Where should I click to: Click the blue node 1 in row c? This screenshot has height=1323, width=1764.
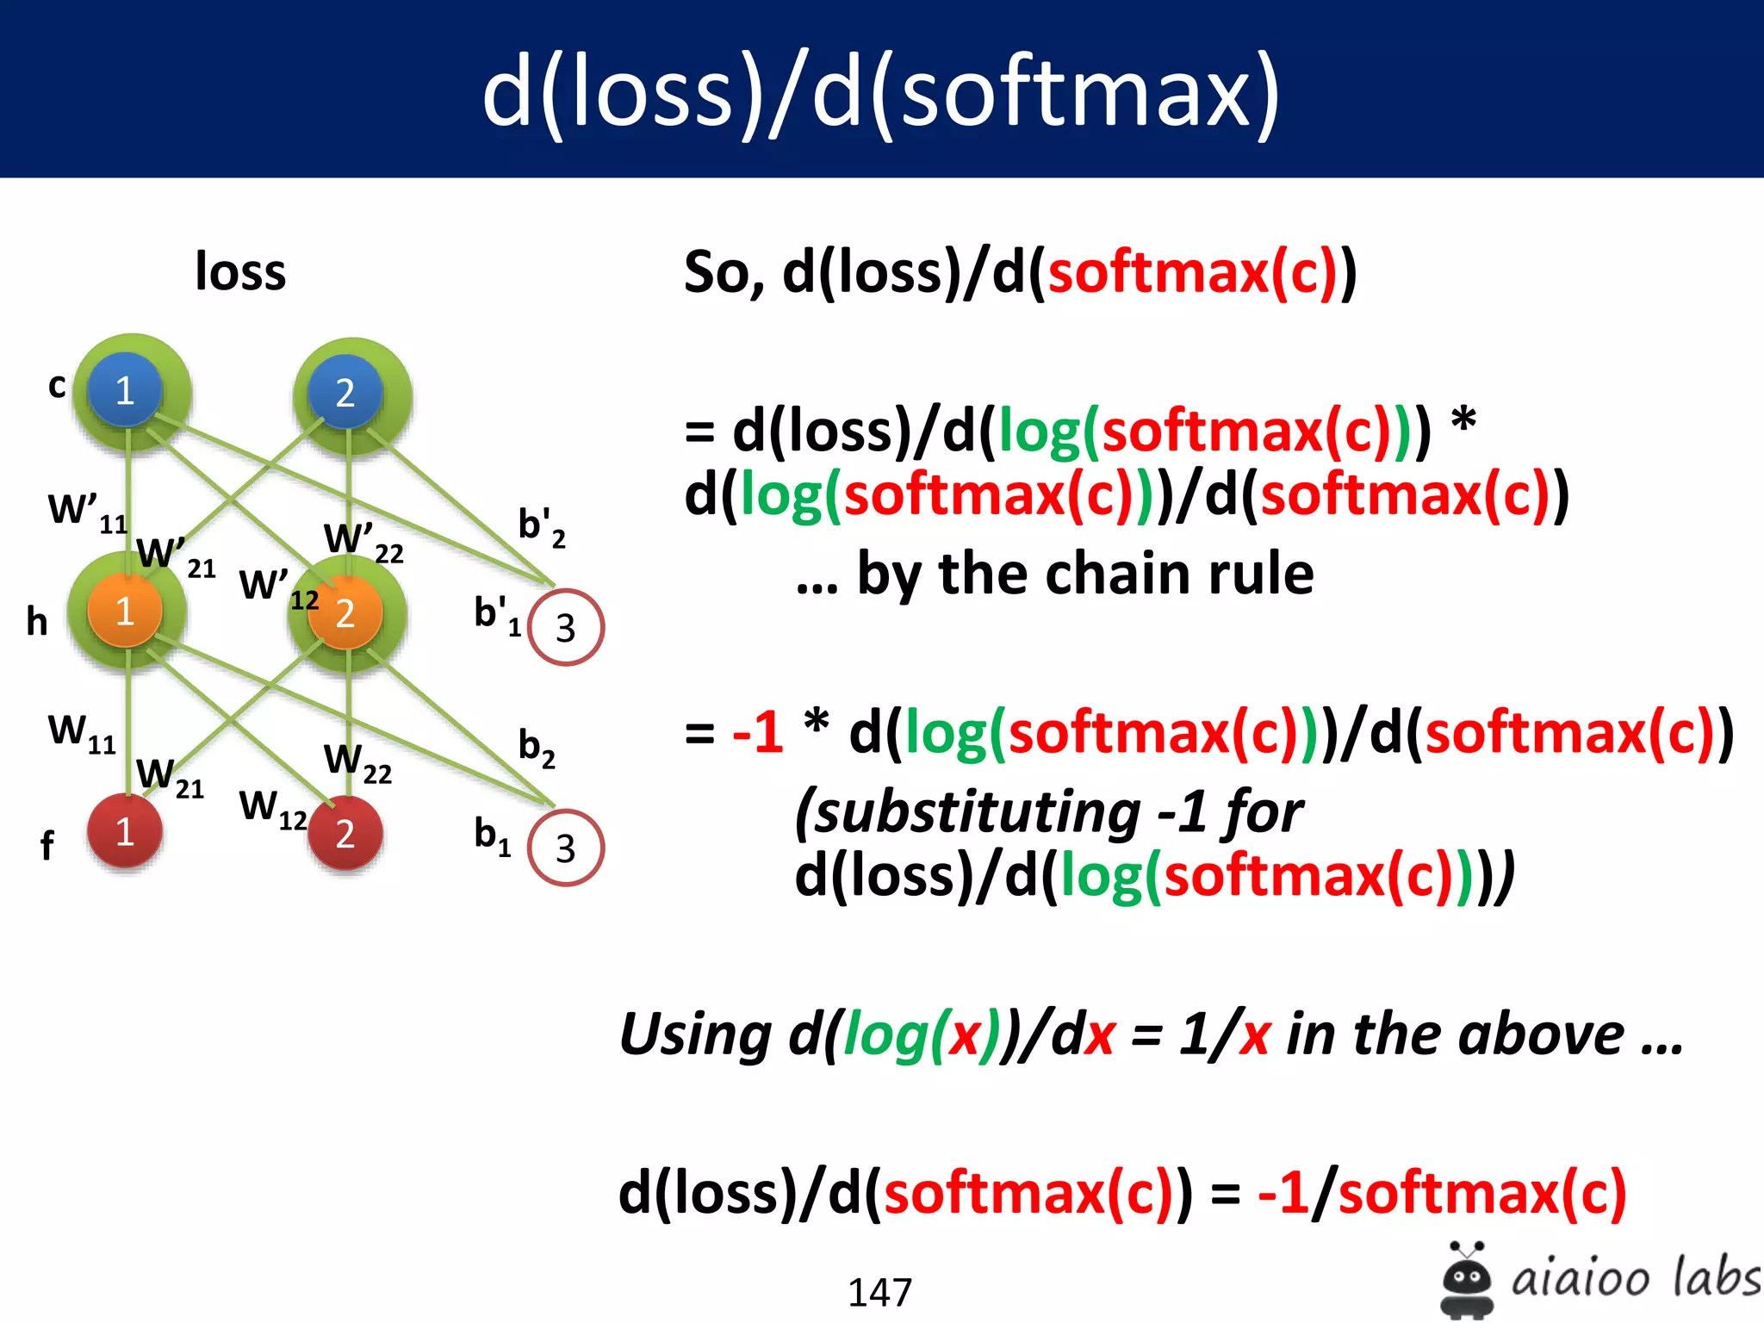click(125, 390)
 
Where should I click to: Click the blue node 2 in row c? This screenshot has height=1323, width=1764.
click(345, 393)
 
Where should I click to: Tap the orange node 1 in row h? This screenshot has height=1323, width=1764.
click(125, 611)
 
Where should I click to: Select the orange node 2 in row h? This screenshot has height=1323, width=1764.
click(345, 612)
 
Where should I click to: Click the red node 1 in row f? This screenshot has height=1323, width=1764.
click(125, 831)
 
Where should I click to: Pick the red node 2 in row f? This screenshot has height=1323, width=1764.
click(345, 833)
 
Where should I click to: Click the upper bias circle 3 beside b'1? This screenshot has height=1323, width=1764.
click(565, 627)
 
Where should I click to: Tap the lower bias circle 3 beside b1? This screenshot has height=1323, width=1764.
click(565, 848)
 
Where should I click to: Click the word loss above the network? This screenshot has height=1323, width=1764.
click(240, 272)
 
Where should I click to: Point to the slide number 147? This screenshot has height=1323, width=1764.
click(879, 1292)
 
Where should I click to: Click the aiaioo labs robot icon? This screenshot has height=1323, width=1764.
click(1466, 1279)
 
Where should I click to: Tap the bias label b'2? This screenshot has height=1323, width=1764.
click(541, 527)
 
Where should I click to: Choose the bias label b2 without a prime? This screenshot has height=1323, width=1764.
click(536, 748)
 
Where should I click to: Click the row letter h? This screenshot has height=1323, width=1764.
click(37, 621)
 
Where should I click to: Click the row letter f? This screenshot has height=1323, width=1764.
click(47, 845)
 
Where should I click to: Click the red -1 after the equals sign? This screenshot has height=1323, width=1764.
click(757, 733)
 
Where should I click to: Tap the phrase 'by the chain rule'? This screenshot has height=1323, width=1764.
click(1084, 575)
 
